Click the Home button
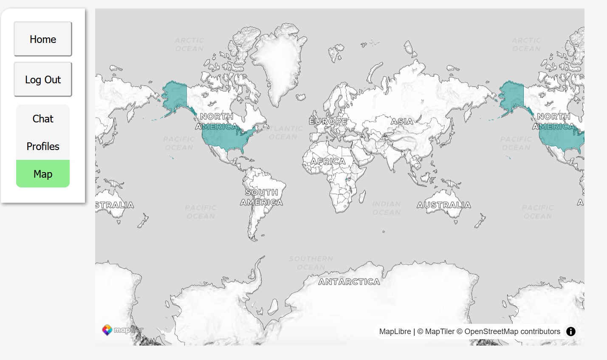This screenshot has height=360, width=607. tap(43, 39)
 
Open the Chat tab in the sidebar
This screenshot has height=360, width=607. tap(43, 119)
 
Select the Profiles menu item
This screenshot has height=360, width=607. tap(43, 147)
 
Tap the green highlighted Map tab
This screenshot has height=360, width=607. tap(43, 174)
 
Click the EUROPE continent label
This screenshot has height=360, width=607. tap(328, 122)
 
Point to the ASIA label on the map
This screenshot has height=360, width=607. tap(402, 122)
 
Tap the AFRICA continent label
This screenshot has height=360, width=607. tap(328, 162)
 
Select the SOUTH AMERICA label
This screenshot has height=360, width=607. tap(262, 198)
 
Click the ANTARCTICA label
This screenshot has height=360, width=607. tap(349, 282)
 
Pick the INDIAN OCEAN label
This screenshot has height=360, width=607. tap(387, 208)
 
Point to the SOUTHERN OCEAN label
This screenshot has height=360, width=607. tap(311, 263)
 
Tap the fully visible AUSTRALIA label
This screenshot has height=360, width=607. tap(444, 205)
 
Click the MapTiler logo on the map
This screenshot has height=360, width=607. tap(122, 330)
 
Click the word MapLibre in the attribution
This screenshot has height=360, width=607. tap(395, 332)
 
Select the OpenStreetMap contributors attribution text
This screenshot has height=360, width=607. tap(512, 332)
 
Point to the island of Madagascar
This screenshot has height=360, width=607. tap(362, 197)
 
